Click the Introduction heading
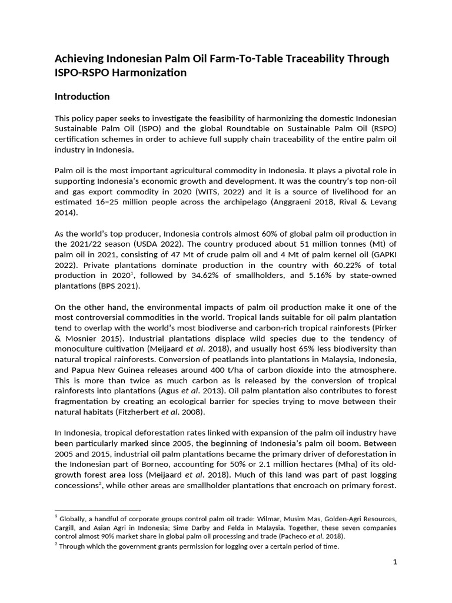(x=82, y=96)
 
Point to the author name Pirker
(x=383, y=328)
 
